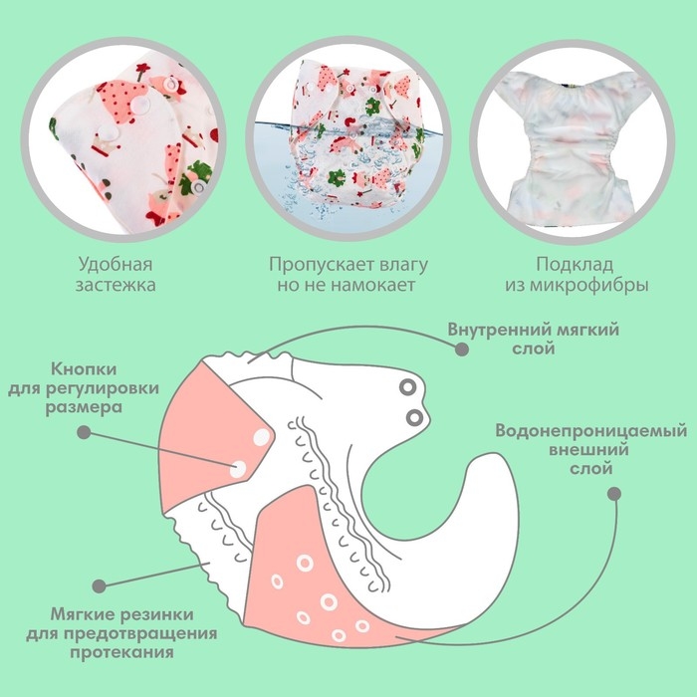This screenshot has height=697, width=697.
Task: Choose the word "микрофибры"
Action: (x=589, y=285)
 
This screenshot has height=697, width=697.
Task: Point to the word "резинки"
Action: (x=161, y=615)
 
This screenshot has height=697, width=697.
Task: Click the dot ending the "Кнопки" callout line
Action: (x=84, y=432)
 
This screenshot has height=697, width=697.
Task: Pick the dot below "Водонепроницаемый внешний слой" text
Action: (x=613, y=493)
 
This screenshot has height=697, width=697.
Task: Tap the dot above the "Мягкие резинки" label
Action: (x=98, y=588)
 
